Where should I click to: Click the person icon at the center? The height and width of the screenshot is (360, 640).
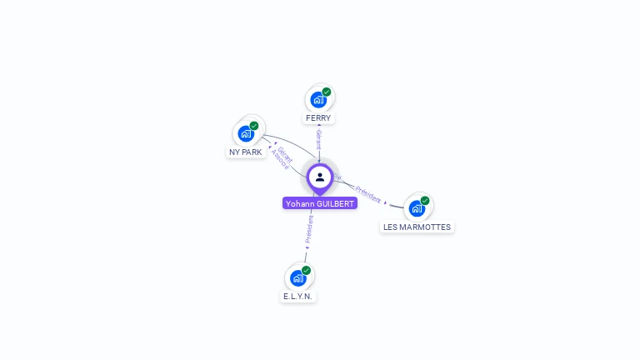(x=320, y=177)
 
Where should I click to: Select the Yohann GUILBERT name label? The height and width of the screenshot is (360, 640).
(x=320, y=203)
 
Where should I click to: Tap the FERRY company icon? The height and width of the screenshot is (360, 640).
(x=318, y=100)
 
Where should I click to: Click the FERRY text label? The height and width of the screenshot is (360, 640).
(x=318, y=118)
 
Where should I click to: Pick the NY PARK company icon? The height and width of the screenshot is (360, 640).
(x=246, y=133)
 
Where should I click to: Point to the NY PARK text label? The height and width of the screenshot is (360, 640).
(x=246, y=152)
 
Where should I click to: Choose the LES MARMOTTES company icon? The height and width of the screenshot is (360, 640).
(x=417, y=208)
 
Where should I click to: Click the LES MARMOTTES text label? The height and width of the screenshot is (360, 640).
(x=417, y=227)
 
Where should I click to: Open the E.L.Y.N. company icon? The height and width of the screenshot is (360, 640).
(x=297, y=277)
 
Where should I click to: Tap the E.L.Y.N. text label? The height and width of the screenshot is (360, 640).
(x=299, y=297)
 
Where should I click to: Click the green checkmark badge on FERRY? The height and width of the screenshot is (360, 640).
(x=327, y=92)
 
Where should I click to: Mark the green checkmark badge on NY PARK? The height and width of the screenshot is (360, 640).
(x=254, y=126)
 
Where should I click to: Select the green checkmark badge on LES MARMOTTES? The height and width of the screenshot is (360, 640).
(x=425, y=201)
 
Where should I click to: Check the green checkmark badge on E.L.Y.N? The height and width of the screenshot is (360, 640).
(x=306, y=270)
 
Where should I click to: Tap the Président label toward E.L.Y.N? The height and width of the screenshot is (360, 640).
(x=309, y=228)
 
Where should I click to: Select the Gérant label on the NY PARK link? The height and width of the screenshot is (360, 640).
(x=285, y=154)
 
